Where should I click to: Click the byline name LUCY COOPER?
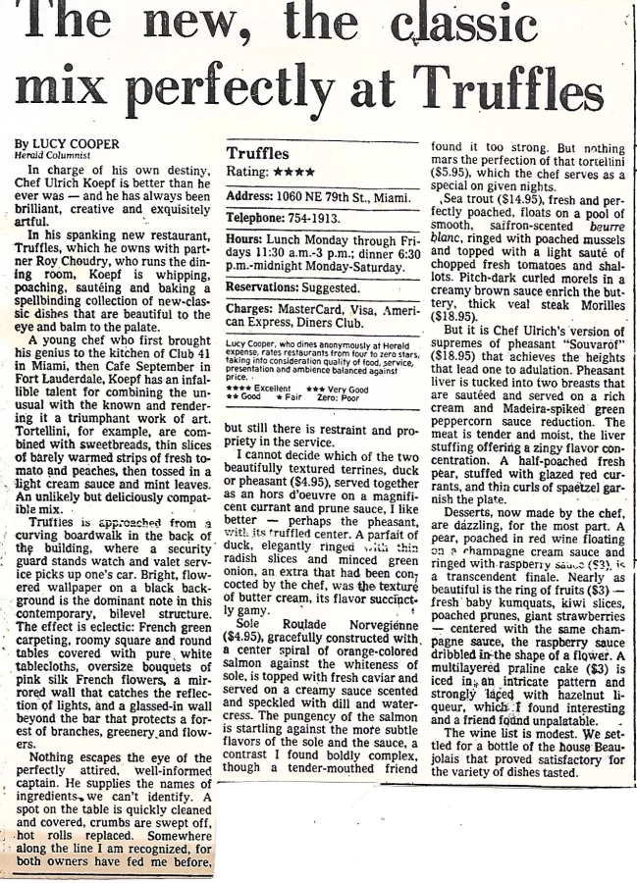click(x=75, y=144)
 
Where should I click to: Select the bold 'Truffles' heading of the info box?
click(x=257, y=153)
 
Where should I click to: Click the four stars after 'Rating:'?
click(x=294, y=172)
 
